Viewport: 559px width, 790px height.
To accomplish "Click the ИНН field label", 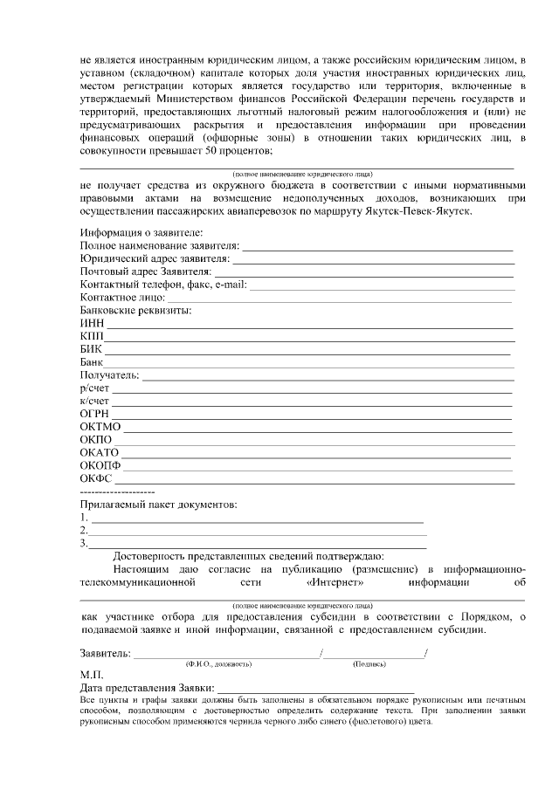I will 92,323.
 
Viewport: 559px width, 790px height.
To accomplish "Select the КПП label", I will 92,336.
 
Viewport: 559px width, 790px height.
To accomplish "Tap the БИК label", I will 91,349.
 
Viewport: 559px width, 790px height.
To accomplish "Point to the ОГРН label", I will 94,413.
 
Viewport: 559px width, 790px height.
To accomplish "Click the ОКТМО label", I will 100,426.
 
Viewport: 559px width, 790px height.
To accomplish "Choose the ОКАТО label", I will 99,452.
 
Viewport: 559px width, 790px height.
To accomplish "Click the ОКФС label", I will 96,478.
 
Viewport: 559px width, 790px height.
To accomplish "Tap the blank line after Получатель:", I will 328,379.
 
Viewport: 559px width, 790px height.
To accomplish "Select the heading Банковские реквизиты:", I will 136,310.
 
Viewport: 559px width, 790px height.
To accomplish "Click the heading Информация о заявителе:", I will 141,233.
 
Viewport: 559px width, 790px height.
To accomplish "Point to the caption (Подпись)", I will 369,664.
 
